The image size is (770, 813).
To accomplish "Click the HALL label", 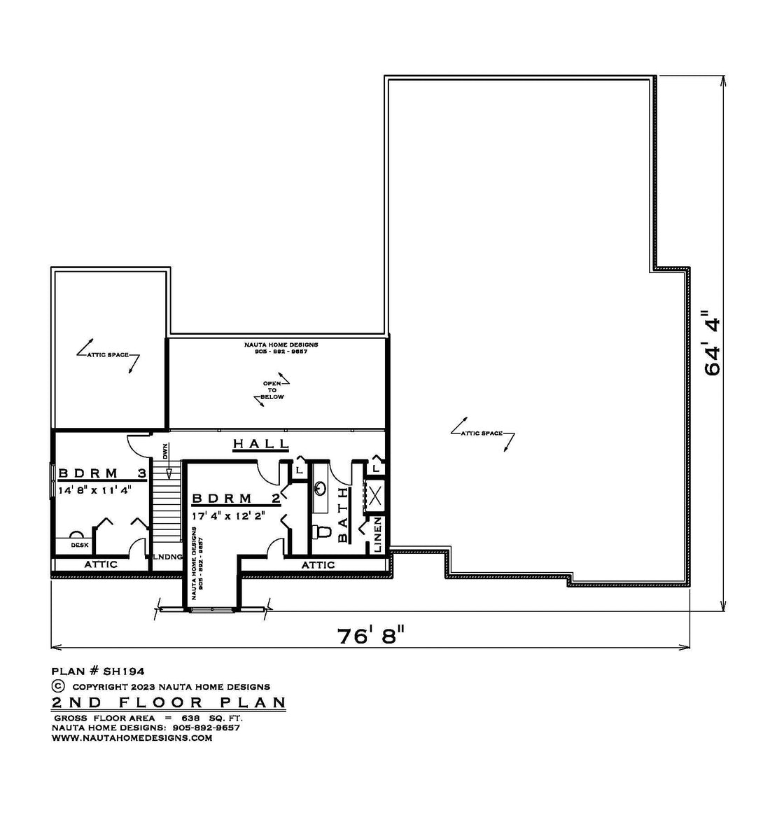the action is (x=260, y=444).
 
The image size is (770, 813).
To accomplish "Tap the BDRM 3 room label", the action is (x=102, y=473).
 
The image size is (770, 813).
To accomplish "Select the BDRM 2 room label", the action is (x=236, y=499).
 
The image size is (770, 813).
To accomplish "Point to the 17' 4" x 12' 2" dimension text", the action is (x=228, y=516).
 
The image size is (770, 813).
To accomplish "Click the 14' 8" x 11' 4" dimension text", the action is (x=94, y=489).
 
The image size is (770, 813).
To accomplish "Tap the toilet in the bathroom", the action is (x=322, y=531).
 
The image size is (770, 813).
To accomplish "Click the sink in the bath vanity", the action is (x=320, y=488).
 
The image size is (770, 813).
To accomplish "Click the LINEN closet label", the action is (x=377, y=534).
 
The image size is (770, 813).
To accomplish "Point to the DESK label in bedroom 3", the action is (x=80, y=545).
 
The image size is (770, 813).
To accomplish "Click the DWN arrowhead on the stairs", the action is (x=169, y=473).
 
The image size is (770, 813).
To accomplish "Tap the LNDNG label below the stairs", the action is (x=167, y=557).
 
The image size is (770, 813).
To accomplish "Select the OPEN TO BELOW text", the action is (x=272, y=390).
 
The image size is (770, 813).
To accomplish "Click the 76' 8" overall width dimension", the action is (x=370, y=636).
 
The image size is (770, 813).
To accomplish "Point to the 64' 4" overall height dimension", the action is (x=713, y=342).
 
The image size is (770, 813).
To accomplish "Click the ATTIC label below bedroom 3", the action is (x=101, y=564).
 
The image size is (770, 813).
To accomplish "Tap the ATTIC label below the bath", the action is (x=318, y=564).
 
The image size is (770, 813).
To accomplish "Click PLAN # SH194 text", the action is (x=98, y=672).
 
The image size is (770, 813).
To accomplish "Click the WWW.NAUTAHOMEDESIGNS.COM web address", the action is (x=132, y=738).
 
